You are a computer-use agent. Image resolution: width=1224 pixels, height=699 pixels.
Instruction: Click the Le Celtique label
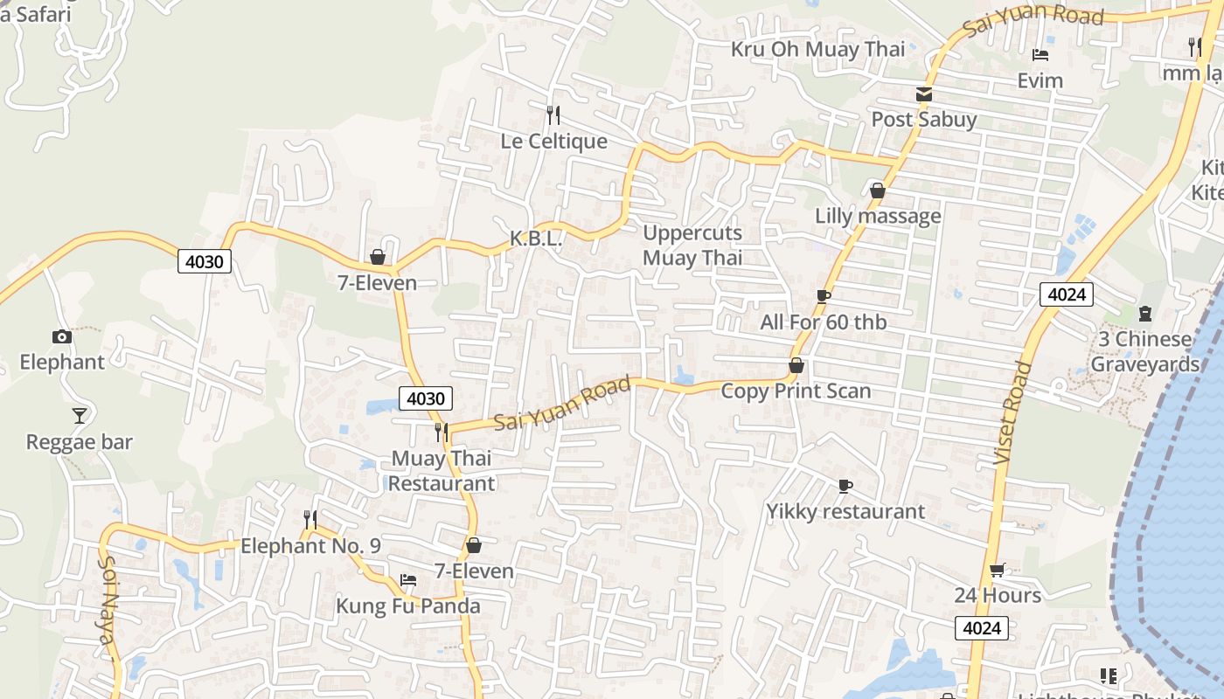tap(553, 141)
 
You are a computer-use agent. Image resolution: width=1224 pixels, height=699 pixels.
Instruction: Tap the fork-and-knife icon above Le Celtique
tap(553, 114)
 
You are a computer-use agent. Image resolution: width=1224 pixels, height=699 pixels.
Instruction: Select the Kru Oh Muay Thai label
tap(817, 49)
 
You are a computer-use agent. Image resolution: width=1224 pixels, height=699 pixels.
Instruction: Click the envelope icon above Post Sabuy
tap(923, 94)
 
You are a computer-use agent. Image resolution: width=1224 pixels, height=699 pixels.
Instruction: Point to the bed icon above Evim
tap(1040, 55)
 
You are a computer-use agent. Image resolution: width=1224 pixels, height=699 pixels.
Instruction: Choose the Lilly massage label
tap(878, 216)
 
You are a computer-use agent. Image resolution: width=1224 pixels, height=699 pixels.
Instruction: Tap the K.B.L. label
tap(535, 239)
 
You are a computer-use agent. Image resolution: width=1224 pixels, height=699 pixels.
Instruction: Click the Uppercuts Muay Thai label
tap(692, 246)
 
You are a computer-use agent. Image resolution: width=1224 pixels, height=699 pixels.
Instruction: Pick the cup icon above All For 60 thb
tap(823, 296)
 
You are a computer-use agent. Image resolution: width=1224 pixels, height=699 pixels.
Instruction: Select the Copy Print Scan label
tap(796, 391)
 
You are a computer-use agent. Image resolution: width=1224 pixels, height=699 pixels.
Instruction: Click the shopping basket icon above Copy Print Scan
tap(796, 365)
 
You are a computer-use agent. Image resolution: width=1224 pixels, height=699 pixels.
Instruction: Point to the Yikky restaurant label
tap(845, 511)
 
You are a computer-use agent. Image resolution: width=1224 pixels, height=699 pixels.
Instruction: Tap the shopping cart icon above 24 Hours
tap(997, 571)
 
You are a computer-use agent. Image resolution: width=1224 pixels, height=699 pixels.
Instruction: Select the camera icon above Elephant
tap(61, 336)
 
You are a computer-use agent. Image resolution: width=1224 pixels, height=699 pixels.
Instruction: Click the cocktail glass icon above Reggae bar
tap(80, 415)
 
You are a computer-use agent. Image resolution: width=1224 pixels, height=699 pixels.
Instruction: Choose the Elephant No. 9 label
tap(310, 546)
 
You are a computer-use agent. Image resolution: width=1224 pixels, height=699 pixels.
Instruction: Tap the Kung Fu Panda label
tap(408, 606)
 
